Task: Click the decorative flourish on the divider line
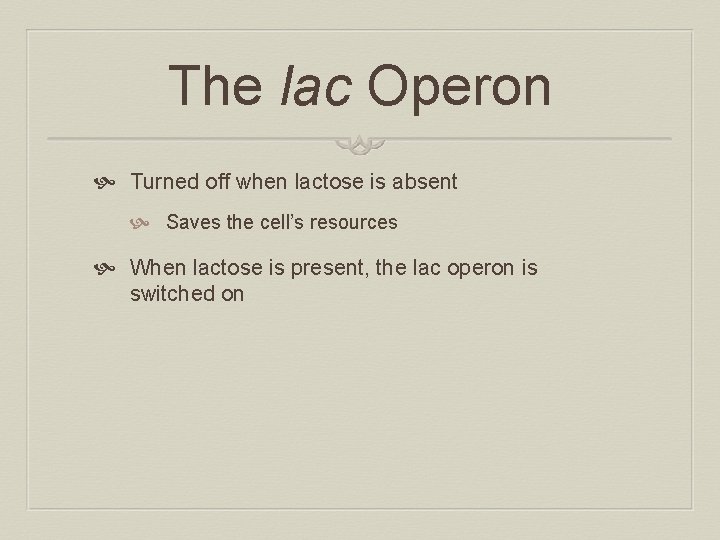[x=359, y=146]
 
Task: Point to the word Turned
[x=166, y=182]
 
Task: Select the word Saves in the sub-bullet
[x=193, y=222]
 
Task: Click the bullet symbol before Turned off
[x=111, y=183]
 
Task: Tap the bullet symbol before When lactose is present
[x=111, y=269]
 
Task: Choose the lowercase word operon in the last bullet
[x=484, y=268]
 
